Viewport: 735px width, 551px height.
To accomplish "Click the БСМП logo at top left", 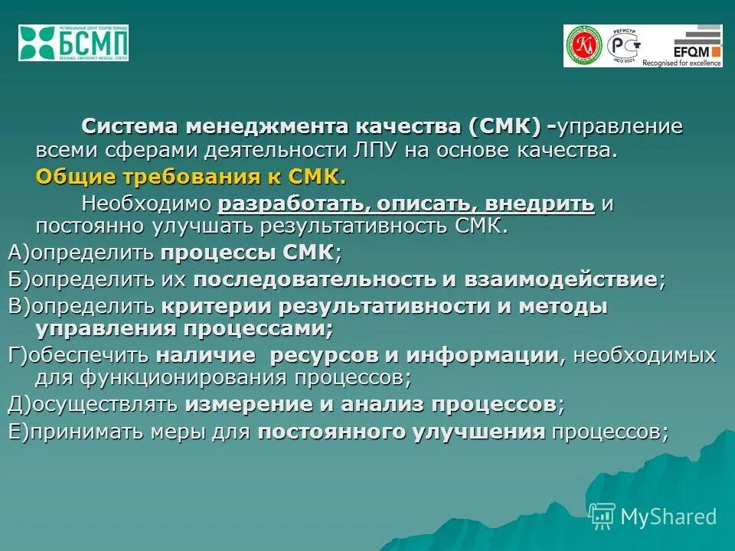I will (x=73, y=43).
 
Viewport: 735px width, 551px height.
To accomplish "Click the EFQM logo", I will (x=692, y=46).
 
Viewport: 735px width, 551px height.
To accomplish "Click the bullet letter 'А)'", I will (x=19, y=253).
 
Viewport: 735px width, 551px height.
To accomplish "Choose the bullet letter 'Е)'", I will (x=19, y=432).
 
